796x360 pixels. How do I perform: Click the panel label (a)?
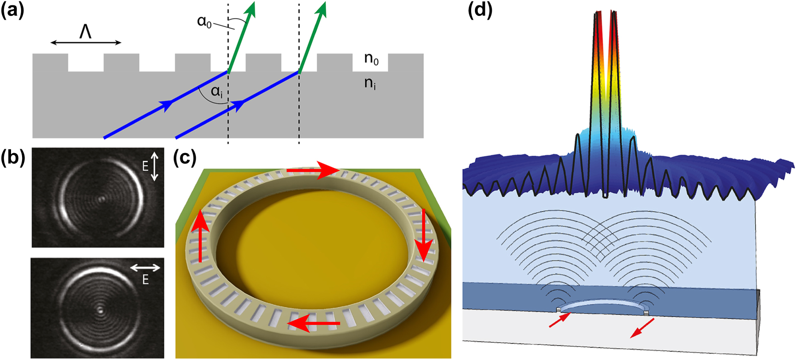pos(12,10)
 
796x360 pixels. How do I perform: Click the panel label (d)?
pos(480,10)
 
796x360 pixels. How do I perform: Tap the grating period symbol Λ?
pos(85,32)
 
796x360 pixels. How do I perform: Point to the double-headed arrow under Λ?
pos(86,43)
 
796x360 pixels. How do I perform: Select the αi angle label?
pos(217,91)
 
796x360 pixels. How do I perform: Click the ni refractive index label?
pos(370,83)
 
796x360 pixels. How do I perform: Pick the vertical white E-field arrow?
pos(154,167)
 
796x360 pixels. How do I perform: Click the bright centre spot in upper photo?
pos(101,198)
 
